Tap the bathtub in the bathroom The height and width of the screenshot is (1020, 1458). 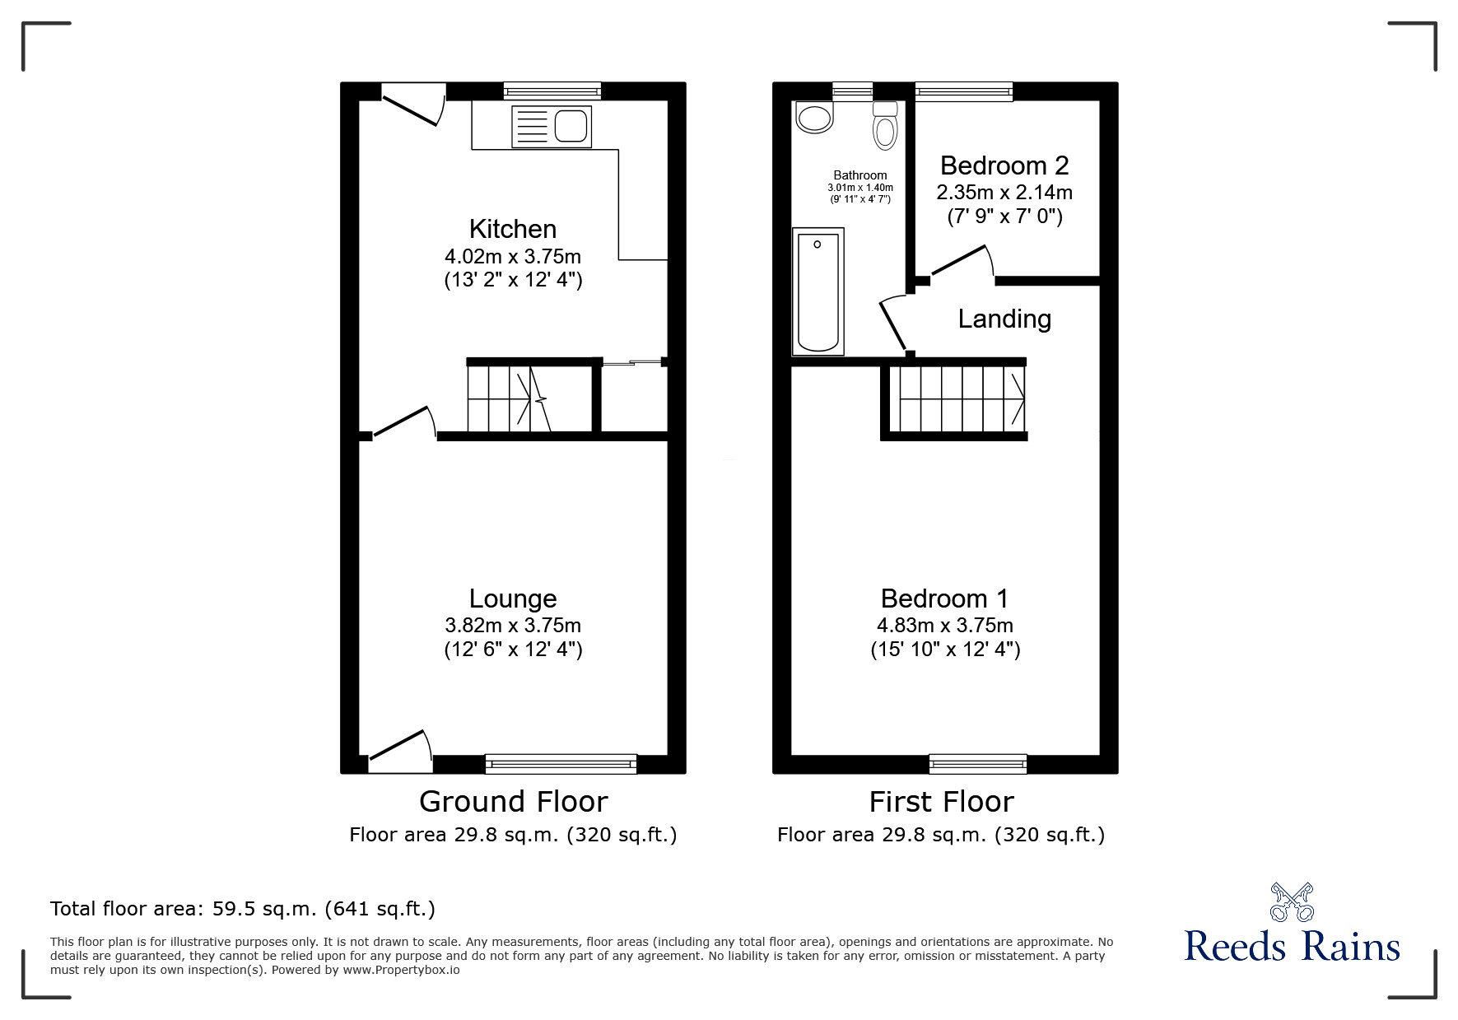click(818, 291)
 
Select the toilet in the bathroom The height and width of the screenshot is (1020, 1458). click(885, 126)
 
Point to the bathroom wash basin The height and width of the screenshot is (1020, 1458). click(814, 118)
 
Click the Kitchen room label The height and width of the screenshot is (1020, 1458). click(512, 229)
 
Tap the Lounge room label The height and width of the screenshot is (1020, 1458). click(512, 598)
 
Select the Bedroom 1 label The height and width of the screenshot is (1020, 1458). click(944, 598)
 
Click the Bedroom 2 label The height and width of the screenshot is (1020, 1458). click(1004, 165)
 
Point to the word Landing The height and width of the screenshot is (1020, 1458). click(1004, 319)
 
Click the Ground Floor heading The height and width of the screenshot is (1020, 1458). click(513, 801)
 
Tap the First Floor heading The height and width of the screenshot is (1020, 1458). click(941, 801)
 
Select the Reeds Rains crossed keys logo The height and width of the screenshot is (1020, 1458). click(1292, 902)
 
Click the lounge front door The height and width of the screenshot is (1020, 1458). click(399, 750)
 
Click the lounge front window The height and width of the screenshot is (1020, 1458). click(561, 764)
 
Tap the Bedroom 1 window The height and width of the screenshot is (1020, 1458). click(978, 764)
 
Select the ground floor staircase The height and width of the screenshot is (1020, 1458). click(510, 398)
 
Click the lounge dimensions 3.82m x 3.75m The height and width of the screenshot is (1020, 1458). click(512, 625)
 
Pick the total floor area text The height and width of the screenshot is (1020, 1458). click(243, 909)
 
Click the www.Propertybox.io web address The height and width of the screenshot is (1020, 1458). click(401, 970)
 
